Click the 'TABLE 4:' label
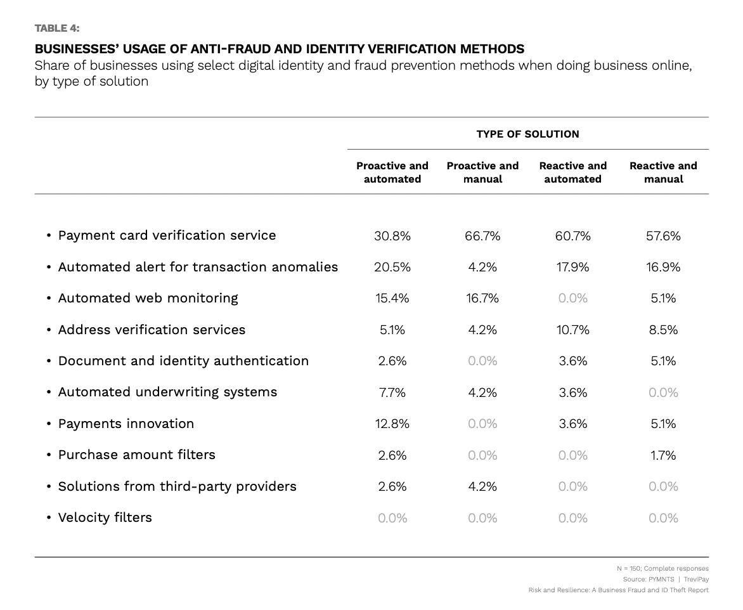(57, 28)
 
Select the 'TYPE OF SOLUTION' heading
(527, 134)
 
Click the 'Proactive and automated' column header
(392, 172)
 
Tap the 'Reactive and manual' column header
(663, 172)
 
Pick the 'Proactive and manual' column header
(482, 172)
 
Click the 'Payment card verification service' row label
(167, 235)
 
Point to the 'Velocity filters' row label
(105, 517)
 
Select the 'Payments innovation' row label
(126, 424)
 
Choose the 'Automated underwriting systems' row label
(167, 392)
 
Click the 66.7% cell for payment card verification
(482, 236)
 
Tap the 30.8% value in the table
(392, 236)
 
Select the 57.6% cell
(663, 236)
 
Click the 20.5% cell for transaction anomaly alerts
(392, 267)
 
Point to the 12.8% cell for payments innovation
(392, 424)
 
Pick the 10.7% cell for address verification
(572, 330)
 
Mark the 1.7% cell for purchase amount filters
(663, 455)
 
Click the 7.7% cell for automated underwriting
(392, 393)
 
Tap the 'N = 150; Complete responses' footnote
(662, 569)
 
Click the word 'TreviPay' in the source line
(696, 580)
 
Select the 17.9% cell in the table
(572, 267)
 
